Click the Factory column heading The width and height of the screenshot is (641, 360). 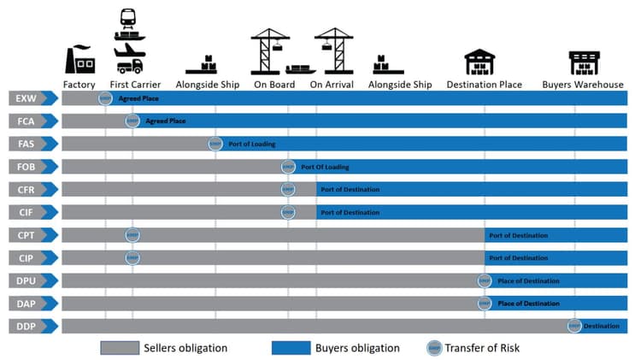tap(79, 85)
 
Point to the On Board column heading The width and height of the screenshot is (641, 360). tap(274, 85)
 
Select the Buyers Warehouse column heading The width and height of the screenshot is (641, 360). tap(583, 85)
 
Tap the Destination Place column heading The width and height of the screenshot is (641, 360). tap(485, 85)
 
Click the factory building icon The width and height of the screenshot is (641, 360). tap(79, 60)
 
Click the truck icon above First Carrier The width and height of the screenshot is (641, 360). tap(128, 65)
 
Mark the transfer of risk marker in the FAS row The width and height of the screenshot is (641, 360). tap(215, 144)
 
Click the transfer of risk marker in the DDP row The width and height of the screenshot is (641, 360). tap(574, 326)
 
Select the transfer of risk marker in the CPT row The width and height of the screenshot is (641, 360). tap(132, 235)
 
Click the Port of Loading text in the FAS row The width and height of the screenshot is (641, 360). tap(251, 144)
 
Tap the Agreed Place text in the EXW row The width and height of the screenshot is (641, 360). tap(138, 98)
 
